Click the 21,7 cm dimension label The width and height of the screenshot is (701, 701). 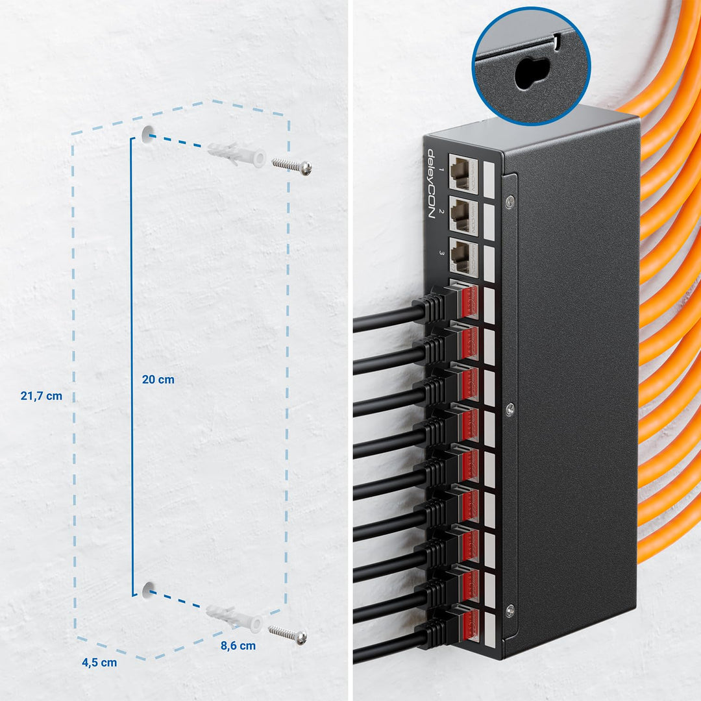pyautogui.click(x=41, y=396)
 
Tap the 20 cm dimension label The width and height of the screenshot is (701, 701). pyautogui.click(x=158, y=380)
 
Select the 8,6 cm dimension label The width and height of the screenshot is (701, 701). pyautogui.click(x=238, y=646)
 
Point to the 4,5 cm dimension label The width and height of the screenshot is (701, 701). pyautogui.click(x=99, y=663)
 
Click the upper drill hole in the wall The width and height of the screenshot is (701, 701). pyautogui.click(x=147, y=134)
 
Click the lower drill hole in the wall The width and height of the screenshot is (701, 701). pyautogui.click(x=148, y=590)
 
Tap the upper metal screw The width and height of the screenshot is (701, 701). pyautogui.click(x=292, y=166)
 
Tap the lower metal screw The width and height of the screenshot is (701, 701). pyautogui.click(x=288, y=634)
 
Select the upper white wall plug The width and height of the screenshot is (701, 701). pyautogui.click(x=237, y=154)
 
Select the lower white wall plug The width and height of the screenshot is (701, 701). pyautogui.click(x=235, y=618)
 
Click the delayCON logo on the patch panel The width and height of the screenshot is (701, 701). pyautogui.click(x=432, y=184)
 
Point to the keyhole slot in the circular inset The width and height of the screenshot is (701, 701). pyautogui.click(x=532, y=73)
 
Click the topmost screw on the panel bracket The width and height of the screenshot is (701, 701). pyautogui.click(x=510, y=202)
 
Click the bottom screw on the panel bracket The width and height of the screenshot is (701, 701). pyautogui.click(x=510, y=609)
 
